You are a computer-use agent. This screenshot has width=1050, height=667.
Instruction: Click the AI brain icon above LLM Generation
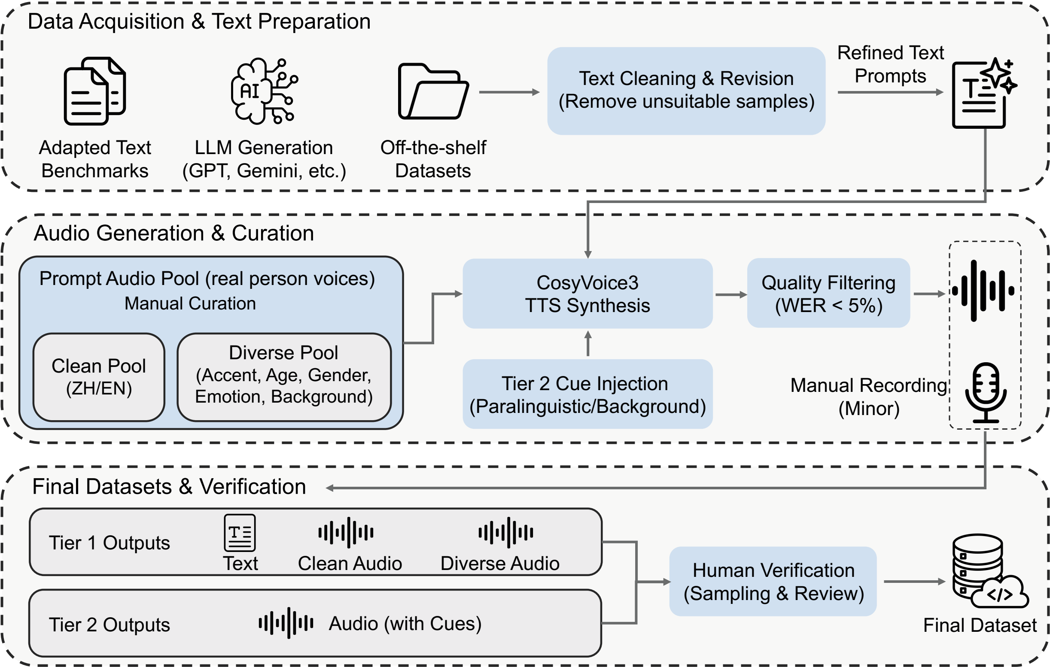(264, 91)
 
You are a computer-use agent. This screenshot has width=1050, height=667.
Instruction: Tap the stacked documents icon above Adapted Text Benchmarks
(95, 91)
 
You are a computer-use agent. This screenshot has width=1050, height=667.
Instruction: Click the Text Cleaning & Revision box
(686, 91)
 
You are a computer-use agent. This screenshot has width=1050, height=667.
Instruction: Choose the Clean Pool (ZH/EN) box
(99, 377)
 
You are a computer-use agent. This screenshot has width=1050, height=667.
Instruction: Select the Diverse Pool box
(284, 377)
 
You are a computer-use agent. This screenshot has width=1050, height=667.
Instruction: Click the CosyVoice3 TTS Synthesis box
(587, 294)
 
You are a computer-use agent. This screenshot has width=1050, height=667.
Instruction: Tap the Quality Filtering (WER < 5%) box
(828, 293)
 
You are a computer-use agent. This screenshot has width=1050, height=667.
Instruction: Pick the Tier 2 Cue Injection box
(587, 394)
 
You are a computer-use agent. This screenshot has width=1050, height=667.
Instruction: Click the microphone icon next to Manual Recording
(986, 392)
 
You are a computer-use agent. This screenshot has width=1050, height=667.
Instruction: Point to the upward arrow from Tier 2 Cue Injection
(588, 343)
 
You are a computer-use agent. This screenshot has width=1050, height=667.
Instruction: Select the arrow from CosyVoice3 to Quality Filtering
(731, 295)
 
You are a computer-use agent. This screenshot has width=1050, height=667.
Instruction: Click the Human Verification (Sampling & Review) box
(773, 581)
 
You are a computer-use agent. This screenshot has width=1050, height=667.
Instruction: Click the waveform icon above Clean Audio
(346, 532)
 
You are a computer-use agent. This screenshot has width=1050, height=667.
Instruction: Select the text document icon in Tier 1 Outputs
(239, 533)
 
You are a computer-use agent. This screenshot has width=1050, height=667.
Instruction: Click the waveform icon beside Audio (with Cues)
(286, 622)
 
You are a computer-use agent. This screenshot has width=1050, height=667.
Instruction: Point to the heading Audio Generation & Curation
(173, 233)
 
